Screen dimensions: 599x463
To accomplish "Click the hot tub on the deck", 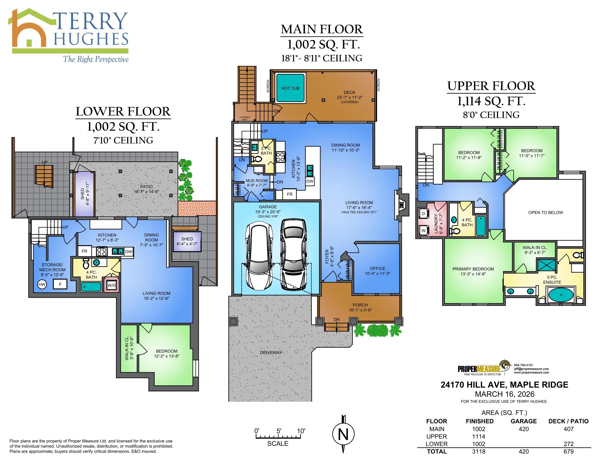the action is click(290, 88).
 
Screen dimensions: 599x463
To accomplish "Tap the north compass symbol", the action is click(343, 434).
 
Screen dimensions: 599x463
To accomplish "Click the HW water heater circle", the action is click(42, 284).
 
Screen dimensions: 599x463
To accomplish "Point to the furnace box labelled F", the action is click(60, 284).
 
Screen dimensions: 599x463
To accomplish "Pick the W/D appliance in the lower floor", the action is click(112, 285).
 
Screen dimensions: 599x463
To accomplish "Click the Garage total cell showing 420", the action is click(524, 452).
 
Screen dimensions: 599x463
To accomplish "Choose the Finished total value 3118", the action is click(479, 452).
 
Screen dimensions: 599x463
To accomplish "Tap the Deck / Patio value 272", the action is click(568, 444).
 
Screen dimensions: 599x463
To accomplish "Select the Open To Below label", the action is click(546, 213).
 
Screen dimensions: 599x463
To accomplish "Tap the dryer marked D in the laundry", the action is click(423, 214).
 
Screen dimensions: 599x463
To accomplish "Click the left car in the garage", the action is click(259, 257).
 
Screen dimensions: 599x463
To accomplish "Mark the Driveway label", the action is click(271, 352).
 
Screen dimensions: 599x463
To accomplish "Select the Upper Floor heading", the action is click(491, 86).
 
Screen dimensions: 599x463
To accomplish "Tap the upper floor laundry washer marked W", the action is click(423, 231).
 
